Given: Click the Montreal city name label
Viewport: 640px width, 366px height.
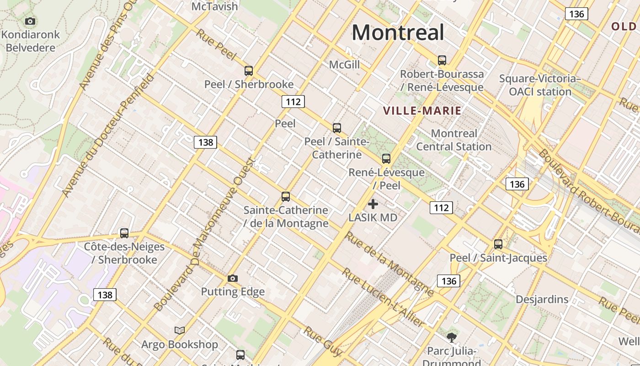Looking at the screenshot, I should click(398, 32).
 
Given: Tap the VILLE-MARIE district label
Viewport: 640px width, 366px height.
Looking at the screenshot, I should click(422, 111).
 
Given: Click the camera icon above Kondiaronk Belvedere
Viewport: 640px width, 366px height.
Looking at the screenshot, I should click(30, 21).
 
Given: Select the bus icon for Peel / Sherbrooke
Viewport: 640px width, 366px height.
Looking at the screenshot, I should click(249, 71).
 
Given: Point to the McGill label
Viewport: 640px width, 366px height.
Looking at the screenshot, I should click(344, 65).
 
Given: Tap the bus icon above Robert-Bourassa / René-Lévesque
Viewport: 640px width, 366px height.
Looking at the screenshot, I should click(442, 60).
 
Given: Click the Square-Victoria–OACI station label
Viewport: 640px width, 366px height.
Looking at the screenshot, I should click(540, 85).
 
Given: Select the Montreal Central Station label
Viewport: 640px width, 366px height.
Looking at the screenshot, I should click(453, 140).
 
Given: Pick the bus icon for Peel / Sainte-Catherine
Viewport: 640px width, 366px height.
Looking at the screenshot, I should click(337, 128).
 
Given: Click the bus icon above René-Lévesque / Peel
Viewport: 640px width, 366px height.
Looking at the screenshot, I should click(386, 159).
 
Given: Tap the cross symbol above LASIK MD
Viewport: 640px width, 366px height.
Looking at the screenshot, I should click(373, 204).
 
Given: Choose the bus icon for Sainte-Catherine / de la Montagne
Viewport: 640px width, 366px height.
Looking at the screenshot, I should click(286, 197).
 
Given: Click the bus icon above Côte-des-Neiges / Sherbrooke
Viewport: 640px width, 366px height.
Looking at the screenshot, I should click(124, 233).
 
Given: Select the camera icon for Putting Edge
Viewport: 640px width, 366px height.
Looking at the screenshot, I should click(233, 278).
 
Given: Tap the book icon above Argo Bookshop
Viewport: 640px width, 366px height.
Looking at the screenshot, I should click(180, 330).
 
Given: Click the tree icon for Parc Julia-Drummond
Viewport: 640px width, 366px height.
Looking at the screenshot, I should click(451, 338).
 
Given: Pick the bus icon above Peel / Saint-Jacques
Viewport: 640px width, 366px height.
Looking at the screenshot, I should click(498, 244).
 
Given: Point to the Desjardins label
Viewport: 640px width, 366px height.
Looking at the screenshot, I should click(542, 300).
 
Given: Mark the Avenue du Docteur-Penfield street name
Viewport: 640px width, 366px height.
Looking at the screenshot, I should click(108, 135).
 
